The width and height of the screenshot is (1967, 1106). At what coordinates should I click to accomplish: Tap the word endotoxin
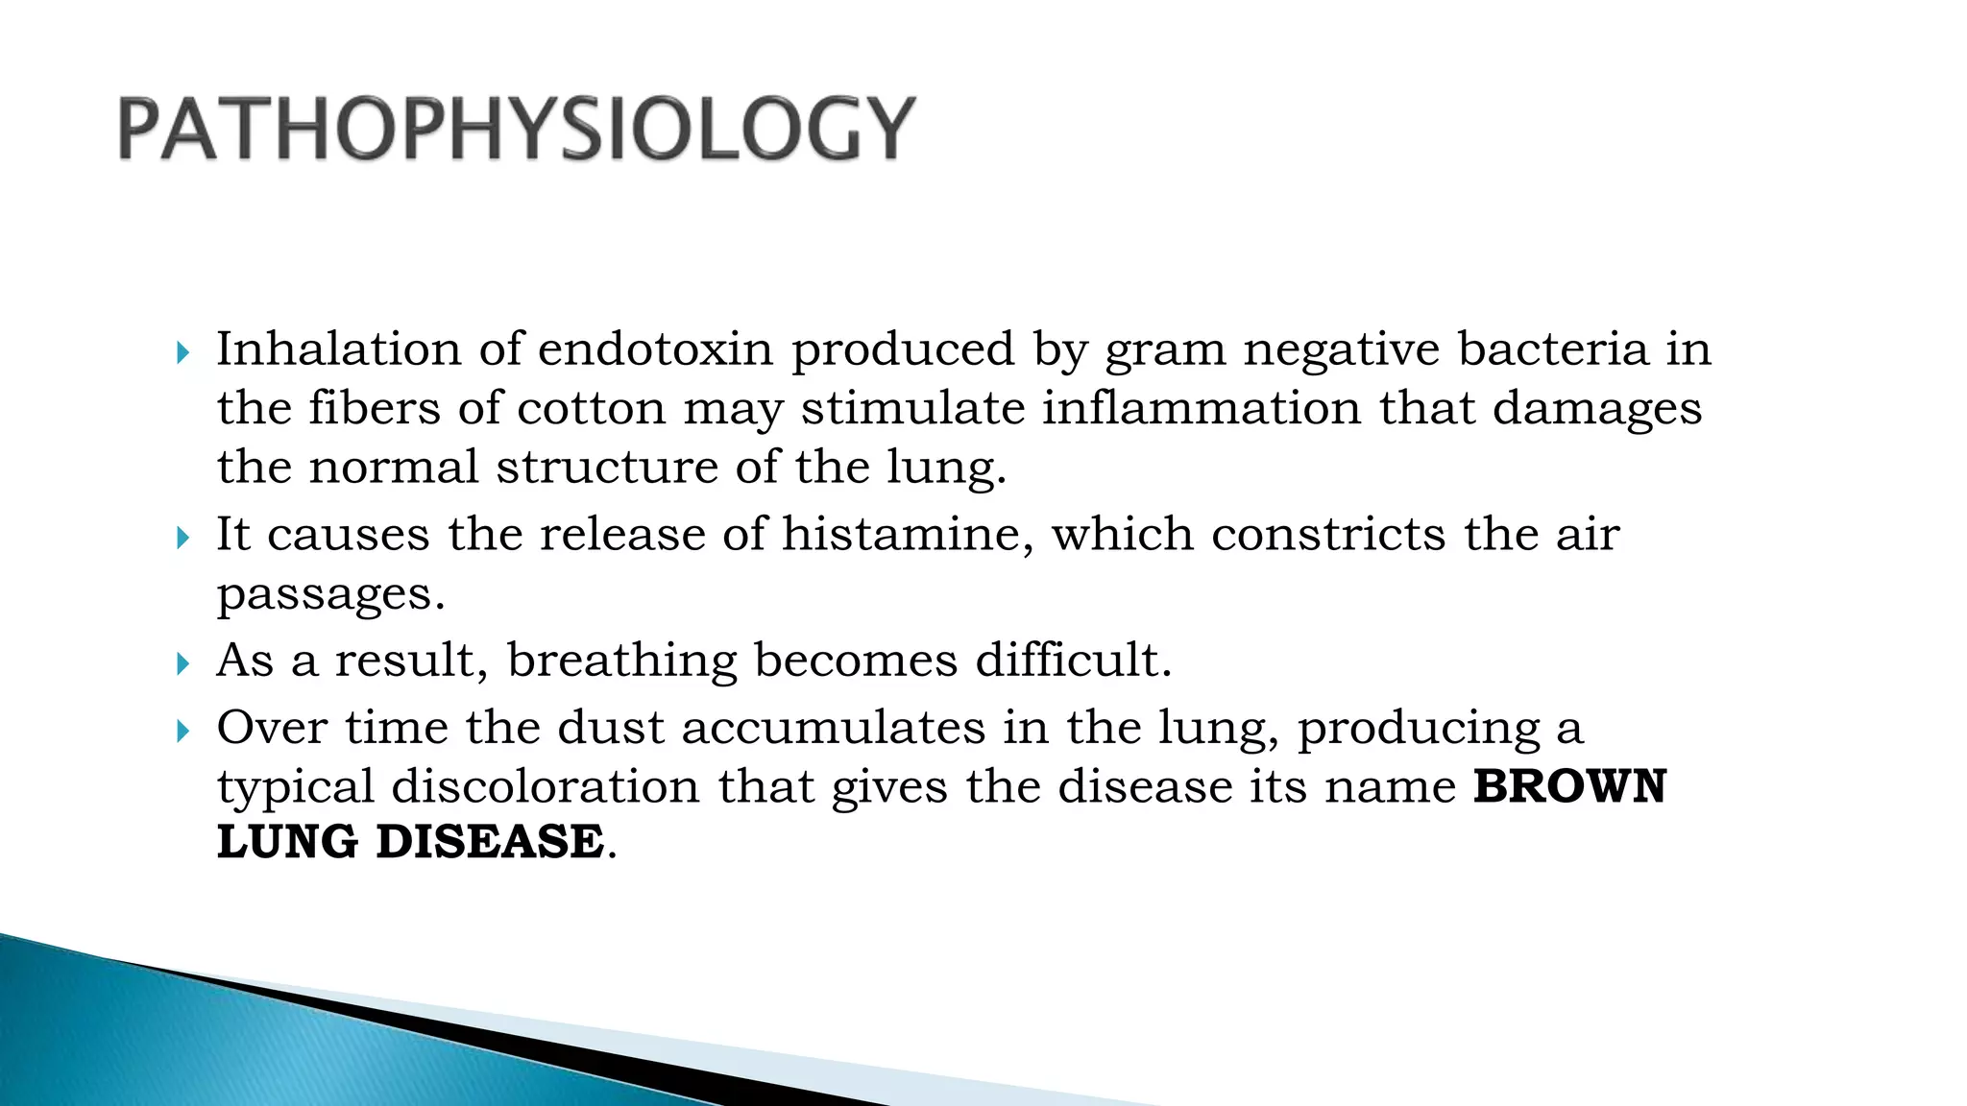tap(655, 349)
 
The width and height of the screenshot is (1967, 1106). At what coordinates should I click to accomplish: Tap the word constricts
tap(1328, 534)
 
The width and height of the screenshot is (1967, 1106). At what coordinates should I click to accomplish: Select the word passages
tap(330, 595)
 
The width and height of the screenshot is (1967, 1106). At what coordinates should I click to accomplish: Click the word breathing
tap(621, 661)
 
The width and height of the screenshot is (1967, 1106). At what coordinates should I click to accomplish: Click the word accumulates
tap(834, 727)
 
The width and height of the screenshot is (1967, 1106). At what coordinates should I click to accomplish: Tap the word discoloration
tap(546, 786)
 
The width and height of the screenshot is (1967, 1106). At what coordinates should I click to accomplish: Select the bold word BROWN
tap(1569, 786)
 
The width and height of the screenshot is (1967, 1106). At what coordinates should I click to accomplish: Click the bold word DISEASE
tap(490, 842)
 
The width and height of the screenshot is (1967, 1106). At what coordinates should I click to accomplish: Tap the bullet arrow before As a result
tap(183, 663)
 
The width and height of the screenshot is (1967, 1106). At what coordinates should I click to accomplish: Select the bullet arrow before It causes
tap(183, 538)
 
